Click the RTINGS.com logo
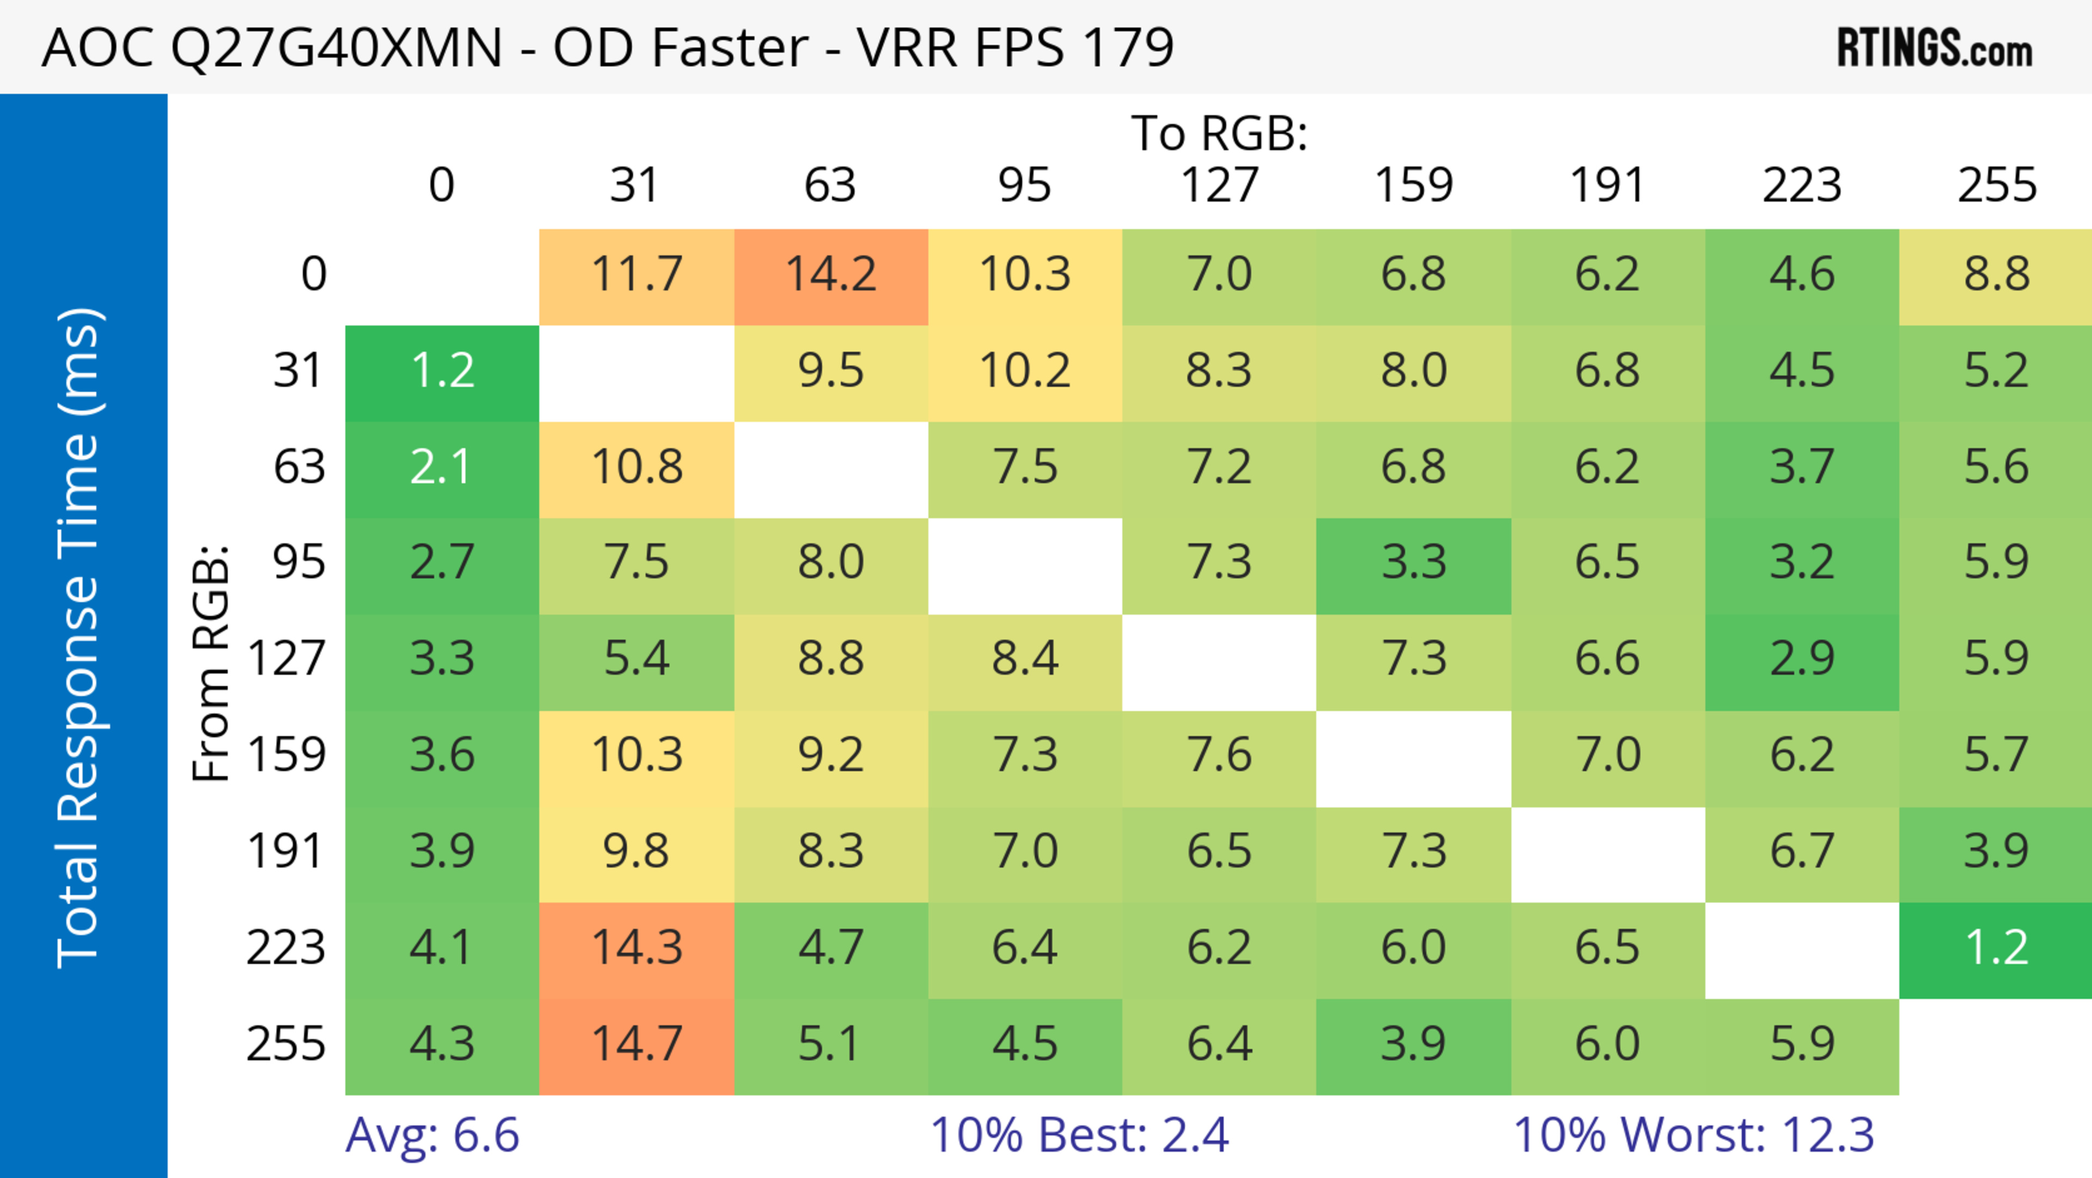pyautogui.click(x=1935, y=49)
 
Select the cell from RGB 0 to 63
pyautogui.click(x=831, y=276)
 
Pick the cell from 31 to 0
pyautogui.click(x=442, y=373)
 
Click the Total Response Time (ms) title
pyautogui.click(x=80, y=638)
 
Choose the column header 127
pyautogui.click(x=1219, y=185)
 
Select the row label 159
pyautogui.click(x=287, y=756)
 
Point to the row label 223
pyautogui.click(x=286, y=948)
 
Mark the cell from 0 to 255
pyautogui.click(x=1996, y=276)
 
